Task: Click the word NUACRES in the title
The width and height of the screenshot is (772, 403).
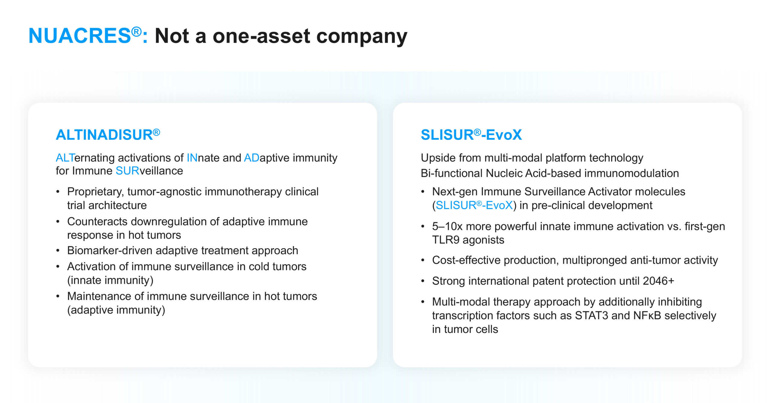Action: click(80, 36)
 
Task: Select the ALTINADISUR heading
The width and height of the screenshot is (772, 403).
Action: click(108, 135)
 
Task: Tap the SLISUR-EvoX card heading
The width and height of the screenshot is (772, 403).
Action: click(471, 135)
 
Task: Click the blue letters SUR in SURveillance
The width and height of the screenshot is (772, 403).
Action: click(127, 171)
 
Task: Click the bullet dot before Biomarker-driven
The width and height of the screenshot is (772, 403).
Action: click(58, 251)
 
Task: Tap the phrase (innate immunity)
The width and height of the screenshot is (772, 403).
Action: click(110, 280)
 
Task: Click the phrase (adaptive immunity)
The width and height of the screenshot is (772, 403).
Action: click(116, 310)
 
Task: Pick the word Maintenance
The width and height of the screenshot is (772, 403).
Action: click(99, 296)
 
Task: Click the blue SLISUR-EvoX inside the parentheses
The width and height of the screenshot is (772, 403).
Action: click(474, 205)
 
